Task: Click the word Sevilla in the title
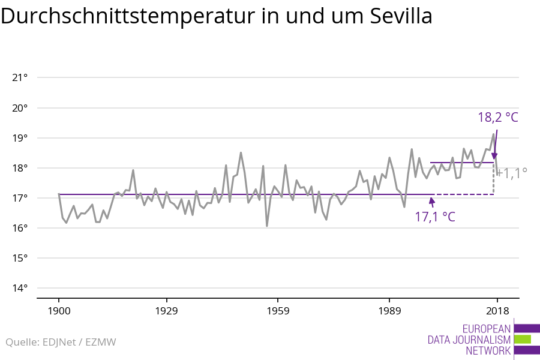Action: pos(397,17)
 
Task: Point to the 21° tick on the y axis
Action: pos(20,77)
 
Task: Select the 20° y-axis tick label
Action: pos(20,108)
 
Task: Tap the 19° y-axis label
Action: pos(20,138)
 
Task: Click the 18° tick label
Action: pos(20,168)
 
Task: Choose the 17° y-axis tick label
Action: pos(20,198)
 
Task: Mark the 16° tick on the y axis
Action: pos(20,228)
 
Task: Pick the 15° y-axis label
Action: pos(20,258)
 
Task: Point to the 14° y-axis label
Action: pos(20,288)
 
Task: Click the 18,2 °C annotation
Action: pos(497,117)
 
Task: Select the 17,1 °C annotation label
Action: pos(435,217)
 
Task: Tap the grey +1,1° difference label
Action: pos(512,173)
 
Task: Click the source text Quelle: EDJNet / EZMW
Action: pos(61,343)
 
